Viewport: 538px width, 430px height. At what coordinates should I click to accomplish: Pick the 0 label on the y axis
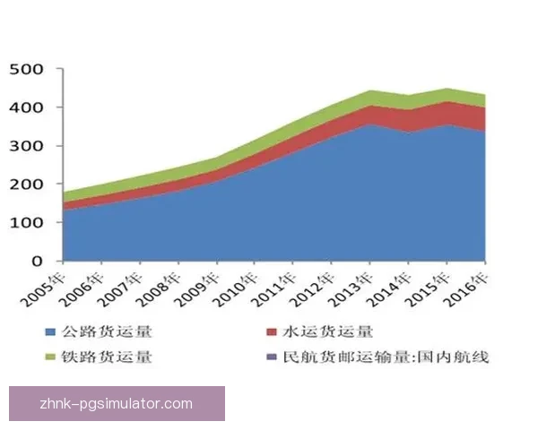point(37,262)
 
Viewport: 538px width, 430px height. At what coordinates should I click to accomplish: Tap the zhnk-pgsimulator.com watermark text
point(117,403)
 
